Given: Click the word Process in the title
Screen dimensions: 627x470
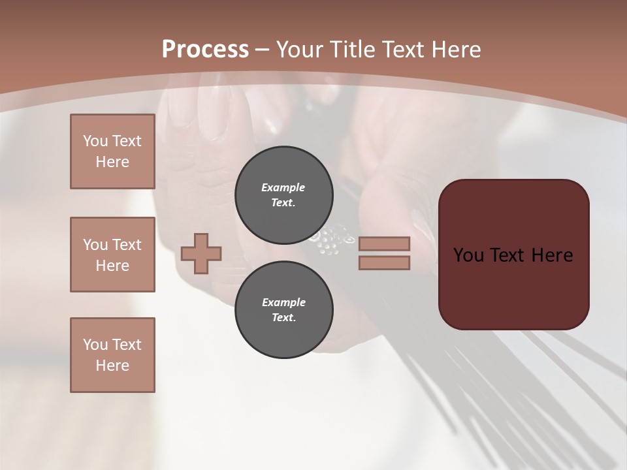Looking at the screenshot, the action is (205, 50).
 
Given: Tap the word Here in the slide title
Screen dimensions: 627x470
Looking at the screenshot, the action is (457, 50).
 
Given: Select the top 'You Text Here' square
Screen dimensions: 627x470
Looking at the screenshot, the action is (112, 151).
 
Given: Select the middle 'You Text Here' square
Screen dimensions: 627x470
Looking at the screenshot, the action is (112, 255).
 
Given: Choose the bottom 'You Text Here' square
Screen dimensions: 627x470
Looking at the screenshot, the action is (112, 355).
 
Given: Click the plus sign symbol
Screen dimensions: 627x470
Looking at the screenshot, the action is (201, 253).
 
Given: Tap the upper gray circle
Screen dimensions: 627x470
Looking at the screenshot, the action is (284, 195).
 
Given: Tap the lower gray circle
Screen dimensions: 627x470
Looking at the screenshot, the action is (284, 309).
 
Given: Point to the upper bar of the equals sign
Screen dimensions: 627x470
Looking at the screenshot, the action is (385, 244).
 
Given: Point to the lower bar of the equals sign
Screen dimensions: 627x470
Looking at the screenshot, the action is (385, 262).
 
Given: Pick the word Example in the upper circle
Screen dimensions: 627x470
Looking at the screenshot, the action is (283, 187).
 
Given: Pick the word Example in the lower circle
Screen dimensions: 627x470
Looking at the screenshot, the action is (283, 302).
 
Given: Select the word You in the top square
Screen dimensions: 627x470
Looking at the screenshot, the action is (95, 141).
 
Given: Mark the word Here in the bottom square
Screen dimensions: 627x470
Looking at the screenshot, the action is (112, 366).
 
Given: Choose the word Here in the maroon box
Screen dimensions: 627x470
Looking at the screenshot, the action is (552, 255).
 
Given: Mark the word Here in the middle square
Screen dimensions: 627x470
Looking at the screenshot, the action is (112, 265).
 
